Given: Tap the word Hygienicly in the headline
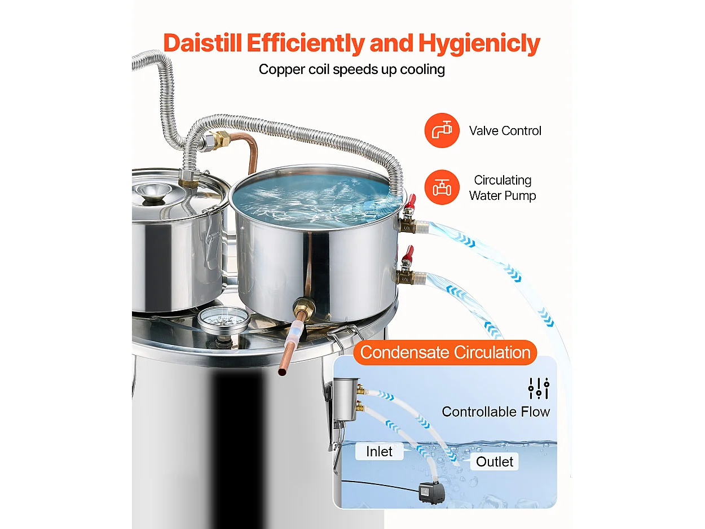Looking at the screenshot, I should (479, 43).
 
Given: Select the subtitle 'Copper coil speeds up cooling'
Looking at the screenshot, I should (352, 69).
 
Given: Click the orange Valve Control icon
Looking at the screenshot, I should (442, 130).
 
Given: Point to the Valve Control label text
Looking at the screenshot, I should (505, 131).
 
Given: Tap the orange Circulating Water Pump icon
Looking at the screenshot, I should (442, 187).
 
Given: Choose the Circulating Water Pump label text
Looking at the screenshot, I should (503, 188).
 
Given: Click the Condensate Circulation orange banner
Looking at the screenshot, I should (446, 352).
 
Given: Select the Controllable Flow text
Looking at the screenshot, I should (496, 412).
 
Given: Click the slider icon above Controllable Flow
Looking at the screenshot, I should (538, 388).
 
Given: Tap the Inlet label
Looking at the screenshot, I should (379, 452).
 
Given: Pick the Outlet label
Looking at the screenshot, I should (495, 462).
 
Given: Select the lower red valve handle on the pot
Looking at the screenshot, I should (407, 253).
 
